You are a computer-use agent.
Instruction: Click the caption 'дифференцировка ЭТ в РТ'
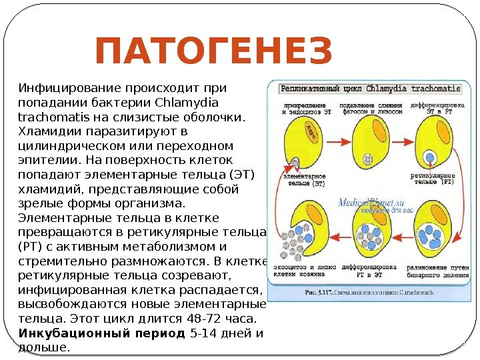pyautogui.click(x=437, y=108)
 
